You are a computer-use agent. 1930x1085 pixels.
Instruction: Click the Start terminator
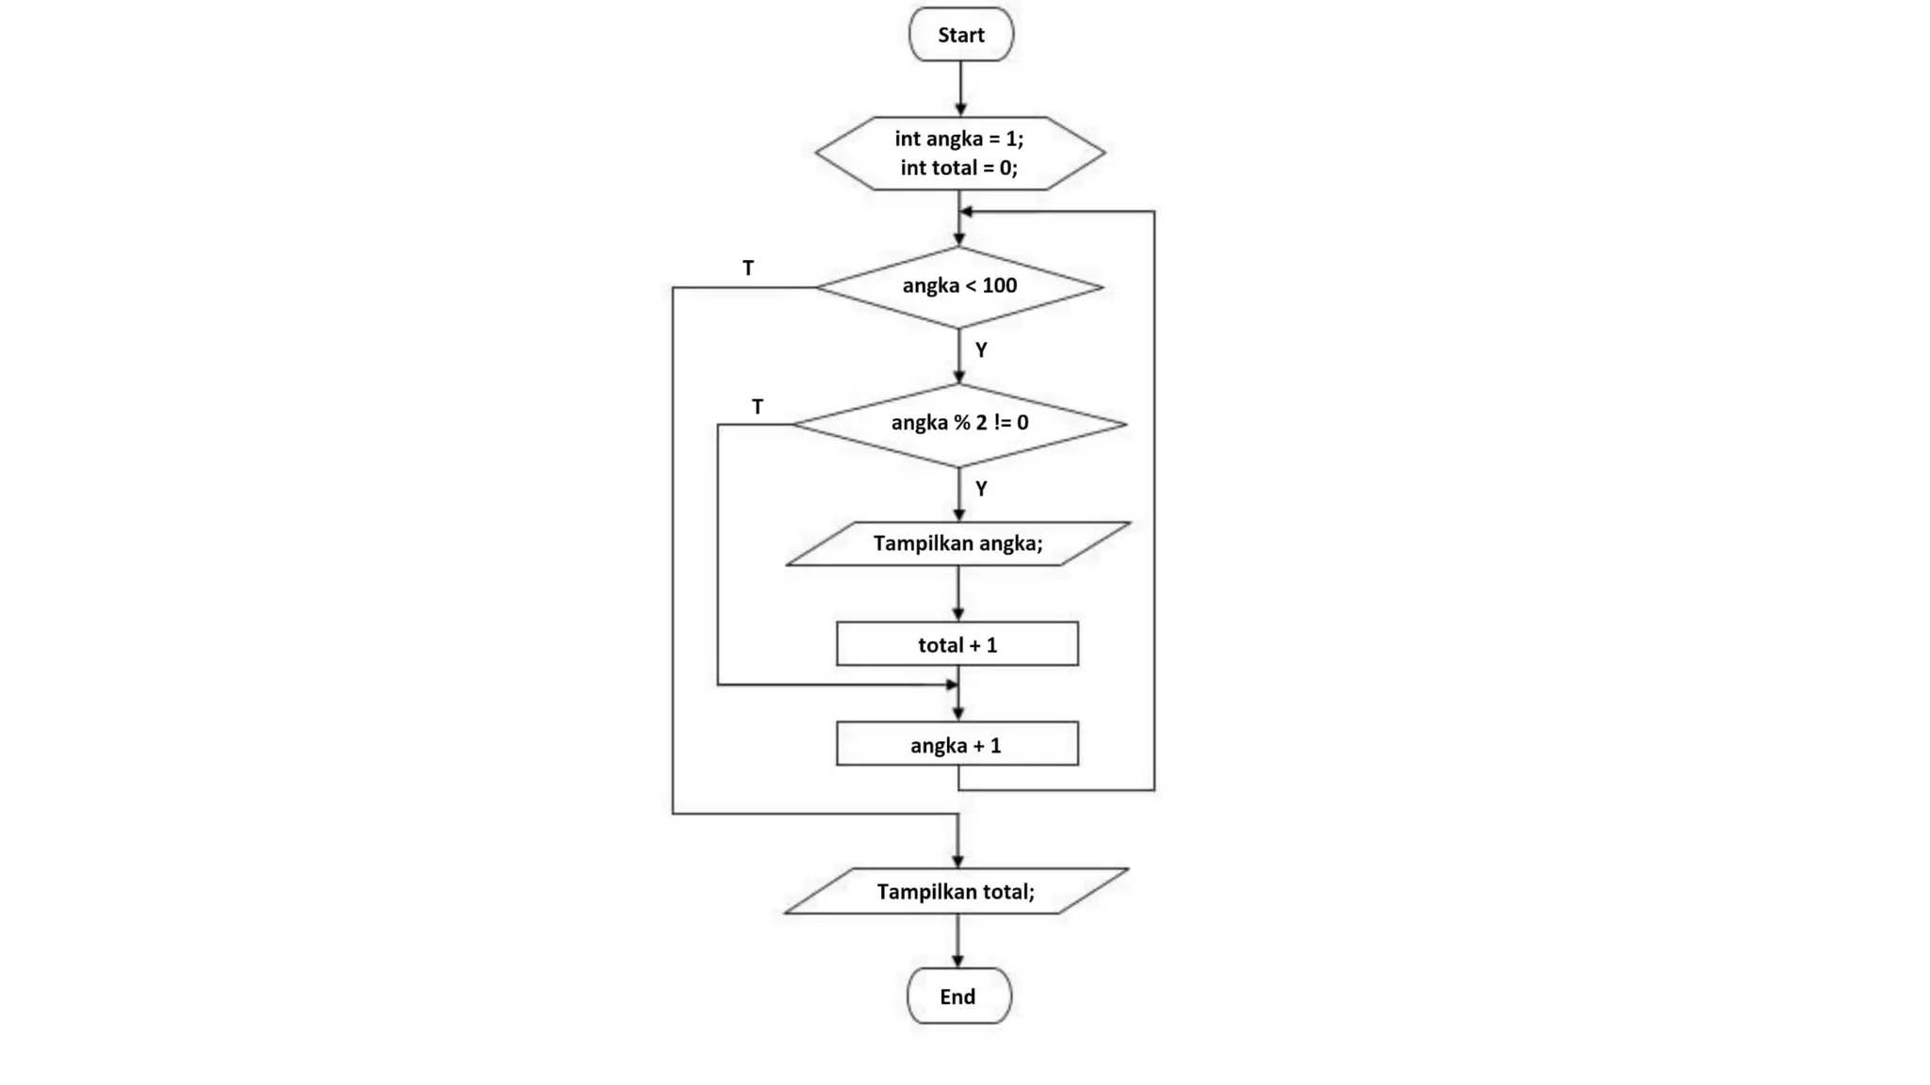point(960,35)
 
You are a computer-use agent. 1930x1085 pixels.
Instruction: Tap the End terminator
point(958,996)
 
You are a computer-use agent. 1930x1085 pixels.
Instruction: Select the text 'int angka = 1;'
point(958,138)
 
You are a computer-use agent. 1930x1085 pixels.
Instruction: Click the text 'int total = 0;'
point(958,168)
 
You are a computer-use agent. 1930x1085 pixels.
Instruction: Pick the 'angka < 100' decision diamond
point(959,286)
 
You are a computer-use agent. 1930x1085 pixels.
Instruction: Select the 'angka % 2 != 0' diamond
point(959,424)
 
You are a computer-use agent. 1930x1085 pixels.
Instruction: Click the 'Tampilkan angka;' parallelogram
point(958,543)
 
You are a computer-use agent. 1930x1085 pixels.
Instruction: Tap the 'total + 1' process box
point(957,644)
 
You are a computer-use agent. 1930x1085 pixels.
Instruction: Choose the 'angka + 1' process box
point(957,745)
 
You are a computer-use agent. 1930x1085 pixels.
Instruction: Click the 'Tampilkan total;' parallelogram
point(957,891)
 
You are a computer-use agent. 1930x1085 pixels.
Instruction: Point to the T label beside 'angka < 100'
point(748,268)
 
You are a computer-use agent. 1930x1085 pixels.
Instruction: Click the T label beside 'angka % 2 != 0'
point(758,407)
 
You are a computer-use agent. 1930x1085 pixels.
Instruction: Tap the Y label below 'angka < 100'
point(981,350)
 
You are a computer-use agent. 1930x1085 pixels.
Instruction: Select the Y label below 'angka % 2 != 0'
point(981,489)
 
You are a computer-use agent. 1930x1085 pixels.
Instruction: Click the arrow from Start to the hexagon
point(960,89)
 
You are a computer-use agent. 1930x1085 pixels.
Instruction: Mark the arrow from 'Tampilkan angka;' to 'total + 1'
point(958,593)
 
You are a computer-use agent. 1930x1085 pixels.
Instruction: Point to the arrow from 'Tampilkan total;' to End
point(957,940)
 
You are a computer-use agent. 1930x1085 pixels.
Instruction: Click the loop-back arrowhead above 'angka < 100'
point(966,212)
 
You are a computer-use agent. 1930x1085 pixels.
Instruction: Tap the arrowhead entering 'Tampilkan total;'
point(957,861)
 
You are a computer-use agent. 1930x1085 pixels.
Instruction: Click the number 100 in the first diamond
point(999,285)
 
